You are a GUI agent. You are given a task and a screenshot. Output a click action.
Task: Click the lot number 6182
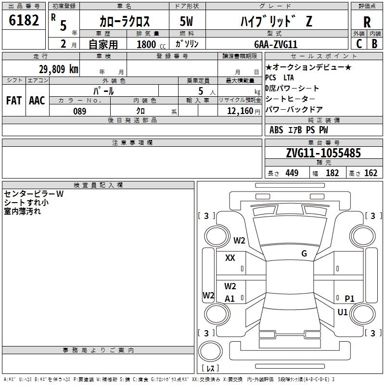[x=24, y=21]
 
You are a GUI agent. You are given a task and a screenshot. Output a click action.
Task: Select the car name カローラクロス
[x=125, y=21]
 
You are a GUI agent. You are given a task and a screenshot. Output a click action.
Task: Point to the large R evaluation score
[x=367, y=22]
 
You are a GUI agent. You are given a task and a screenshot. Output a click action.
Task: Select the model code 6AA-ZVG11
[x=276, y=44]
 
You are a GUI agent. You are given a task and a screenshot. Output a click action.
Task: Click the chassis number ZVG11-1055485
[x=323, y=153]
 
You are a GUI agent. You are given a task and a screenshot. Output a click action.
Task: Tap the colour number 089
[x=79, y=111]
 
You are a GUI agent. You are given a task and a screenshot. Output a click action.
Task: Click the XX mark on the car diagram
[x=230, y=258]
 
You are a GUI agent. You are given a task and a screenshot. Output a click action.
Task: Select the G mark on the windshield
[x=304, y=254]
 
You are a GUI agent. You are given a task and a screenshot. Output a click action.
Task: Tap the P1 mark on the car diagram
[x=349, y=299]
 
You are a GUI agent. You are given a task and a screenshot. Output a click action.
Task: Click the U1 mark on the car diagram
[x=342, y=312]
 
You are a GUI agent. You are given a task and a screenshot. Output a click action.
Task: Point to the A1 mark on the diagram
[x=230, y=299]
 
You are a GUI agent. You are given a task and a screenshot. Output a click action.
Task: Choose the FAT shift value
[x=13, y=100]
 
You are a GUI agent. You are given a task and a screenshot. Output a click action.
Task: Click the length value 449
[x=292, y=173]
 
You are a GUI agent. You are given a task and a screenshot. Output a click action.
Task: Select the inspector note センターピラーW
[x=34, y=194]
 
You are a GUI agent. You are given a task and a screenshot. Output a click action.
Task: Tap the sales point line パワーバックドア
[x=294, y=109]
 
